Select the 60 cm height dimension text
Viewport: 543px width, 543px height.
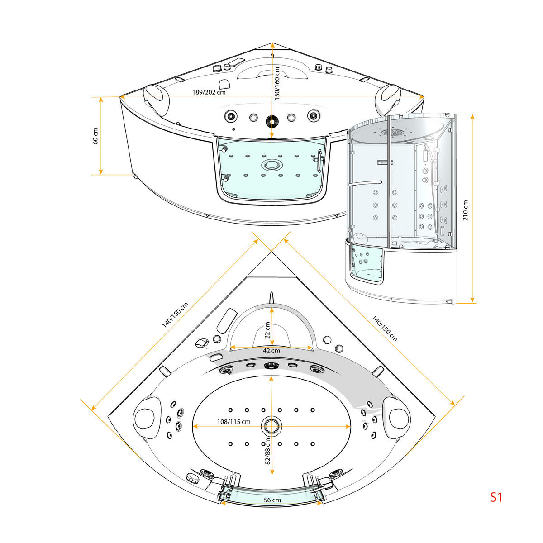click(95, 136)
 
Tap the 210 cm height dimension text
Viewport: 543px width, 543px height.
click(465, 210)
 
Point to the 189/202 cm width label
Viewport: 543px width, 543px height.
click(209, 92)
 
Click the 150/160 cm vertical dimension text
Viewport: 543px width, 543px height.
click(277, 84)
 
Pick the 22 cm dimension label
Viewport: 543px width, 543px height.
click(267, 330)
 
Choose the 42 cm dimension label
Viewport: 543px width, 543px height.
click(271, 351)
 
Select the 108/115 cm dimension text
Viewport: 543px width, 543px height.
click(233, 422)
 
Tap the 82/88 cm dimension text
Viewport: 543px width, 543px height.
click(268, 452)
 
